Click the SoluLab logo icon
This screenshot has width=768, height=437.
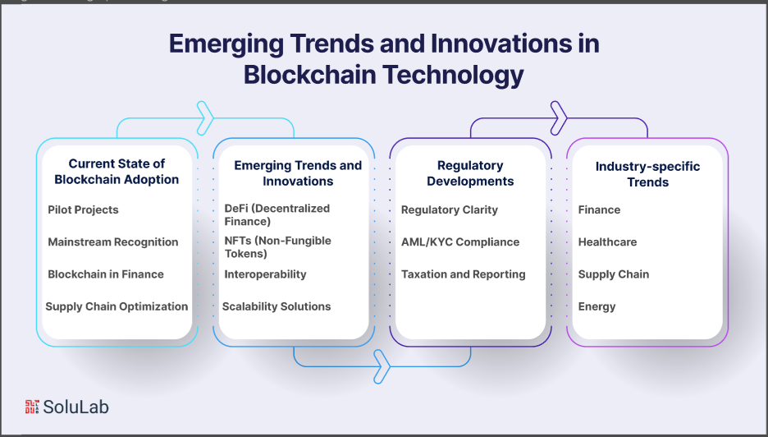32,407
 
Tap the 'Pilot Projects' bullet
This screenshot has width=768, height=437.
83,210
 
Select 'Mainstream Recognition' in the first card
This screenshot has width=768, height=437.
113,241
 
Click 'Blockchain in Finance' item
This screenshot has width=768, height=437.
106,274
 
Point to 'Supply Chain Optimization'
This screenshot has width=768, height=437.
117,306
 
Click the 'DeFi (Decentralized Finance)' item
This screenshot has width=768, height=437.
277,215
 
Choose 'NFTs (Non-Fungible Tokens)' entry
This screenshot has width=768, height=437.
277,247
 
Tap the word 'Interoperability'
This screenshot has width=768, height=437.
265,274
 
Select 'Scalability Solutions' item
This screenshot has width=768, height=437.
277,306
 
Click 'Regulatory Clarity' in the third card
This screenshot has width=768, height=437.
450,210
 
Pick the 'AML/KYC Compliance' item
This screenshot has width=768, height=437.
460,241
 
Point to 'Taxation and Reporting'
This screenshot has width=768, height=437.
464,274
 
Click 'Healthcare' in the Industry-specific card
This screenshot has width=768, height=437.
607,241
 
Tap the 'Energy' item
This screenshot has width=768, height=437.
597,307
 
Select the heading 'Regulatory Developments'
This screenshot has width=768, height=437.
470,173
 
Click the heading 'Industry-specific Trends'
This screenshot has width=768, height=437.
647,174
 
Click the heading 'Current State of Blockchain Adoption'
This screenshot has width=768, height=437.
117,171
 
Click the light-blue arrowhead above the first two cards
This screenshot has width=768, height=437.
205,118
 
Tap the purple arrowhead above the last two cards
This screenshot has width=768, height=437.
559,118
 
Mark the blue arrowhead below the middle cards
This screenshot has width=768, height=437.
382,366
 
